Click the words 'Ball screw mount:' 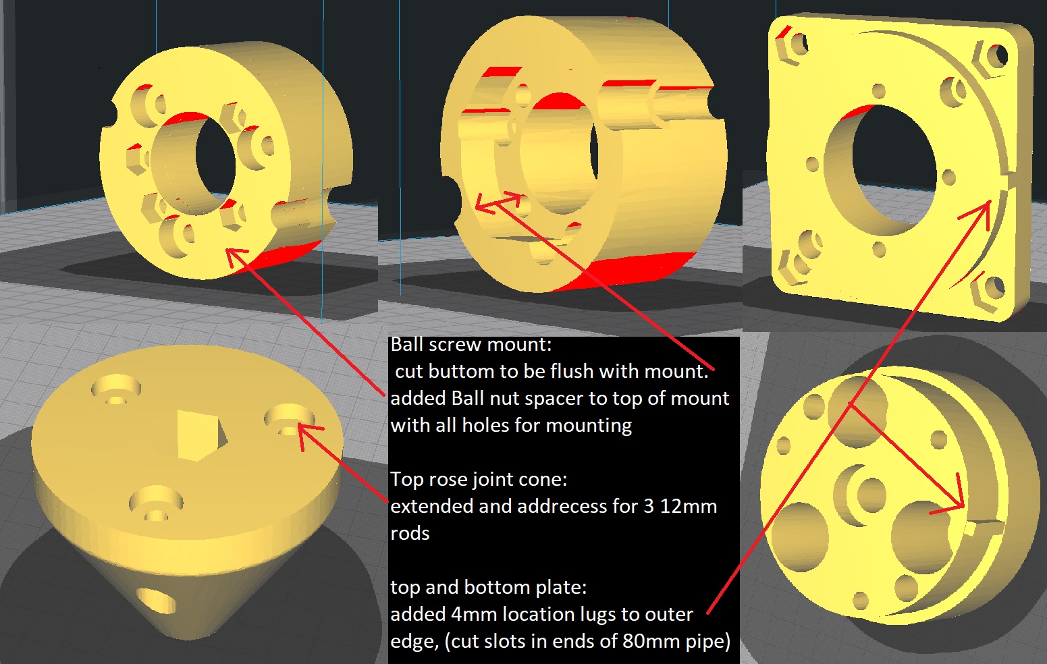(471, 344)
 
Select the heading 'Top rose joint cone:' (479, 479)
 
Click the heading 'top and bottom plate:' (489, 587)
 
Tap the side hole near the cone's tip (157, 600)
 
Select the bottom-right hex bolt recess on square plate (988, 289)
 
